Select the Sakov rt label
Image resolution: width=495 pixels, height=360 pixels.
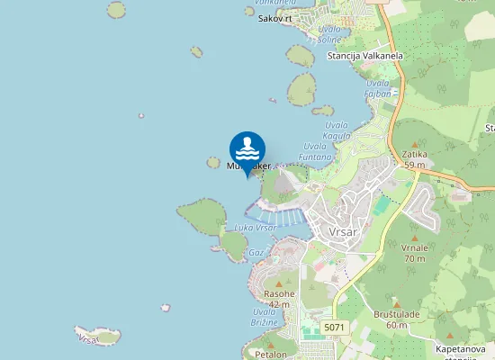tap(275, 18)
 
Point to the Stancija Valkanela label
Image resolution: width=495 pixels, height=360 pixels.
tap(364, 56)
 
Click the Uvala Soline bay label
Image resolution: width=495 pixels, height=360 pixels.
tap(328, 34)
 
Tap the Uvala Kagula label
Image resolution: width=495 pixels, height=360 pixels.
tap(337, 130)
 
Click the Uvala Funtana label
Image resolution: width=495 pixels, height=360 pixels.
tap(318, 151)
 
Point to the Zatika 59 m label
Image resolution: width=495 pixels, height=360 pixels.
tap(415, 159)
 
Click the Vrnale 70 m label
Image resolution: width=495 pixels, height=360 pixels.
tap(415, 253)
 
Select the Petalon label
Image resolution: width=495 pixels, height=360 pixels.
tap(270, 354)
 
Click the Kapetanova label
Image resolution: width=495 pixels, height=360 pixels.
tap(461, 349)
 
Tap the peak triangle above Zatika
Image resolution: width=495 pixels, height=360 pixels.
tap(415, 144)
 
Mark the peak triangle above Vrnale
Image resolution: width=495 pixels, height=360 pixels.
tap(415, 237)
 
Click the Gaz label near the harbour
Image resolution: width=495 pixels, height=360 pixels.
tap(256, 253)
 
